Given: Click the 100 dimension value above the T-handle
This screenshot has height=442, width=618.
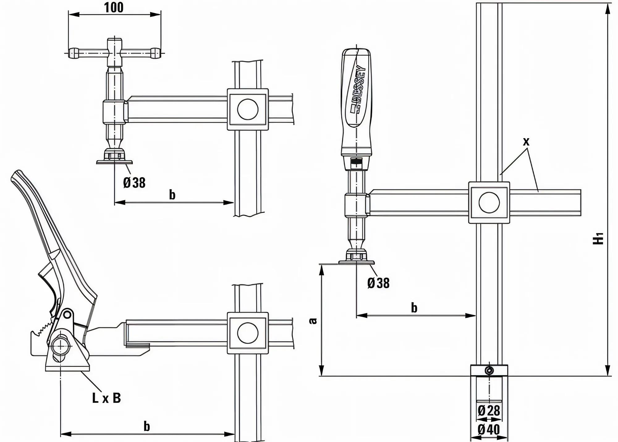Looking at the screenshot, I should coord(114,7).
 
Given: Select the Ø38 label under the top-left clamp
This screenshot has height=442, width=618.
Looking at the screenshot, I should coord(134,182).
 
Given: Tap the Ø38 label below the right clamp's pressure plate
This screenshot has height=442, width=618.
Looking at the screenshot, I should coord(378,283).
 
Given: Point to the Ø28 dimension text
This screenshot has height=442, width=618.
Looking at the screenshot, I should coord(489,411).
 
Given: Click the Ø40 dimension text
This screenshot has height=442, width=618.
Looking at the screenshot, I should coord(489,430).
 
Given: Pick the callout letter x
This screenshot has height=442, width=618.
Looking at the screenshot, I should coord(526,141).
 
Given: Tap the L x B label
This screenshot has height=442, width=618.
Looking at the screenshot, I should coord(106,398).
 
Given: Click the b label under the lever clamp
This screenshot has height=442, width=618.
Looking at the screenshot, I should coord(147,426).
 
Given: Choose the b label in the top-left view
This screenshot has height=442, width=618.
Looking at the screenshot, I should coord(172,195).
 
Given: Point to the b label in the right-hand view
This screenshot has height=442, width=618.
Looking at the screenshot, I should coord(414,308).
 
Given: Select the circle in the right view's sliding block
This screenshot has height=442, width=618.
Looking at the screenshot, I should coord(489,202).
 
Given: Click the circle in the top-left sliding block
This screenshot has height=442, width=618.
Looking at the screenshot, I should coord(248,109).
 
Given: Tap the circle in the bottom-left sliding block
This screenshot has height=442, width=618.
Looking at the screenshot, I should coord(248,333).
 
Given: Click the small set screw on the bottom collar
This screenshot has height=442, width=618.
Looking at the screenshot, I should coord(489,370).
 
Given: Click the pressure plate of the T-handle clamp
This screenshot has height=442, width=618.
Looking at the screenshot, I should coord(114,162).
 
